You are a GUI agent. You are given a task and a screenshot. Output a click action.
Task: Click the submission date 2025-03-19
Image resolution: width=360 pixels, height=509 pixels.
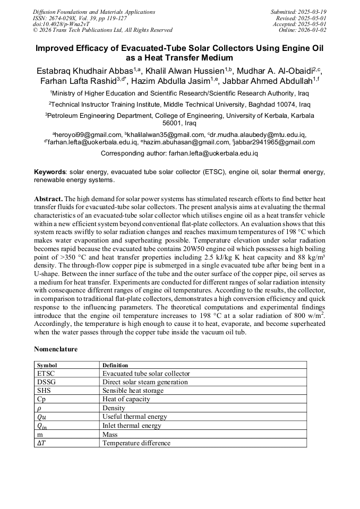click(313, 12)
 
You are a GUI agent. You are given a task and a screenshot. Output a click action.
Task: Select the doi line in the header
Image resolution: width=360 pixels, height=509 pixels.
click(61, 24)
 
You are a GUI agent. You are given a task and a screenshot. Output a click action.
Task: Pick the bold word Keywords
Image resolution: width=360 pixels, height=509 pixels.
click(49, 172)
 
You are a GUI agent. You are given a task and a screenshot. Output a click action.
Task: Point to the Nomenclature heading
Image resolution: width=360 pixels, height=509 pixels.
click(56, 349)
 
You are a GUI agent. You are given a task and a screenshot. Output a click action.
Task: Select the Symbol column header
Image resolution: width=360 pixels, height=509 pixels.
click(47, 365)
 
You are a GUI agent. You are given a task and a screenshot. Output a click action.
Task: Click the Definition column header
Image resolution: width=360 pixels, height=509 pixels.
click(115, 365)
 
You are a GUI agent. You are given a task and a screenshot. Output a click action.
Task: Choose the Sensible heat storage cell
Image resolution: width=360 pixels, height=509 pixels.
click(133, 390)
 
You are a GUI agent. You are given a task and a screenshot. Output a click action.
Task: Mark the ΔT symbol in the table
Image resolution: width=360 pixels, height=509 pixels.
click(41, 443)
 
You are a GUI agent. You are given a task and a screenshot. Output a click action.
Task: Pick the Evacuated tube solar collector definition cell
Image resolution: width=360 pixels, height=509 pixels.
click(145, 373)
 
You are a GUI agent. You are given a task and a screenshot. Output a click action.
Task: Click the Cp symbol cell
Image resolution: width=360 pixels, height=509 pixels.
click(41, 399)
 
